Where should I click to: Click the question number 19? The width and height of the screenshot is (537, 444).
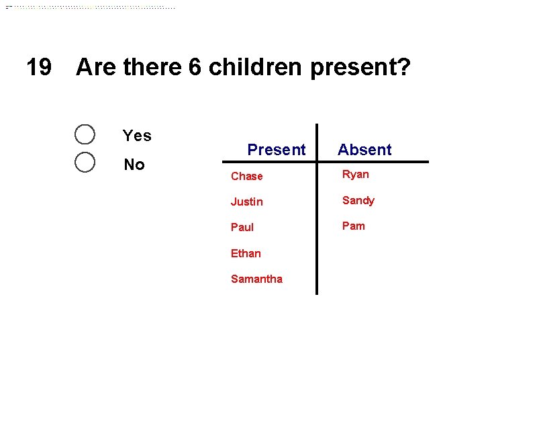38,67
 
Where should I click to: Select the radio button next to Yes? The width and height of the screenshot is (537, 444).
85,134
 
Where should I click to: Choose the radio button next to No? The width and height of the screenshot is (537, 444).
85,163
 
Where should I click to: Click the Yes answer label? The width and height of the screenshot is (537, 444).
137,136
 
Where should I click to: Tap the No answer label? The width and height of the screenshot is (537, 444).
134,165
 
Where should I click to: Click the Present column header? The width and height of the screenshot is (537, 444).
276,150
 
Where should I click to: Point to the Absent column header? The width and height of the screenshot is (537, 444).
364,150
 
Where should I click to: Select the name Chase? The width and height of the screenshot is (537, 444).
246,176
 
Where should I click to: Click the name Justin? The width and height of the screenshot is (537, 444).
246,202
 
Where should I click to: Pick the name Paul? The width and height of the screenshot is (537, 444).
242,227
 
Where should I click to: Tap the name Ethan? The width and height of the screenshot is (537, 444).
246,253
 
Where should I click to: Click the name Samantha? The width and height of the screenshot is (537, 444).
256,279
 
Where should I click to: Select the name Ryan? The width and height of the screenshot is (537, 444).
356,174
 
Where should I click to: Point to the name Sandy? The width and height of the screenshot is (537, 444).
358,200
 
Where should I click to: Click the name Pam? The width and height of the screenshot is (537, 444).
354,226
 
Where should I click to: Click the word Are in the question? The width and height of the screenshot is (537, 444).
95,67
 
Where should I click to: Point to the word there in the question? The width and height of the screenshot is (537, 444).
152,67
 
